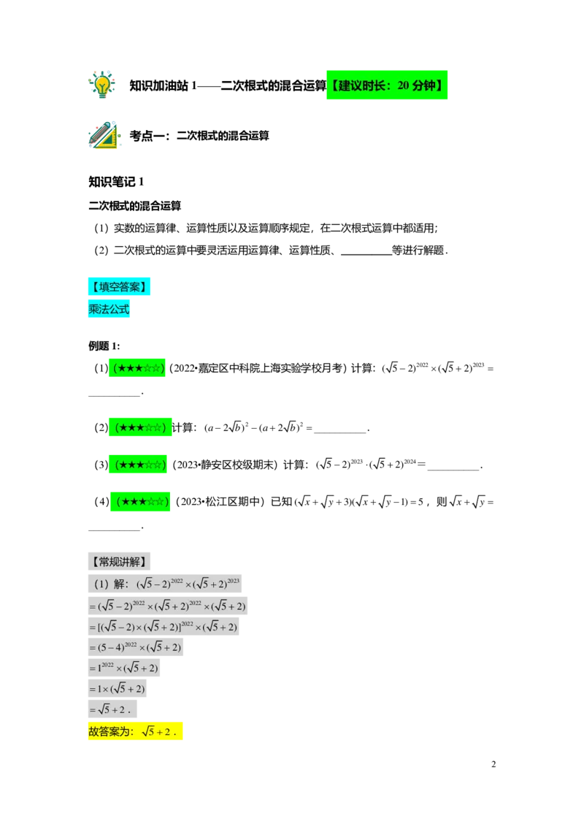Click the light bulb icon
(x=101, y=85)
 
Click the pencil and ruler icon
(x=104, y=135)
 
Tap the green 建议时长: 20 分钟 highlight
(x=387, y=85)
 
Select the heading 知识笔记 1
(x=116, y=182)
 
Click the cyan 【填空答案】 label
(x=119, y=286)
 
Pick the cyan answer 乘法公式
(x=109, y=309)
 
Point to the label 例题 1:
(x=104, y=346)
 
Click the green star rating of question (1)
(x=137, y=367)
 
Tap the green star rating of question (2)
(x=140, y=427)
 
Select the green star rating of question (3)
(x=138, y=464)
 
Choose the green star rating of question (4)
(x=140, y=501)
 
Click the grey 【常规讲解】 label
(x=119, y=561)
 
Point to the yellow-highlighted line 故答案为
(x=136, y=731)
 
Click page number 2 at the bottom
(x=493, y=764)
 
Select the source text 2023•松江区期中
(x=221, y=502)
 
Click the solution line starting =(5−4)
(x=136, y=647)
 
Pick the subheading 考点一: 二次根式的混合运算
(x=199, y=136)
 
